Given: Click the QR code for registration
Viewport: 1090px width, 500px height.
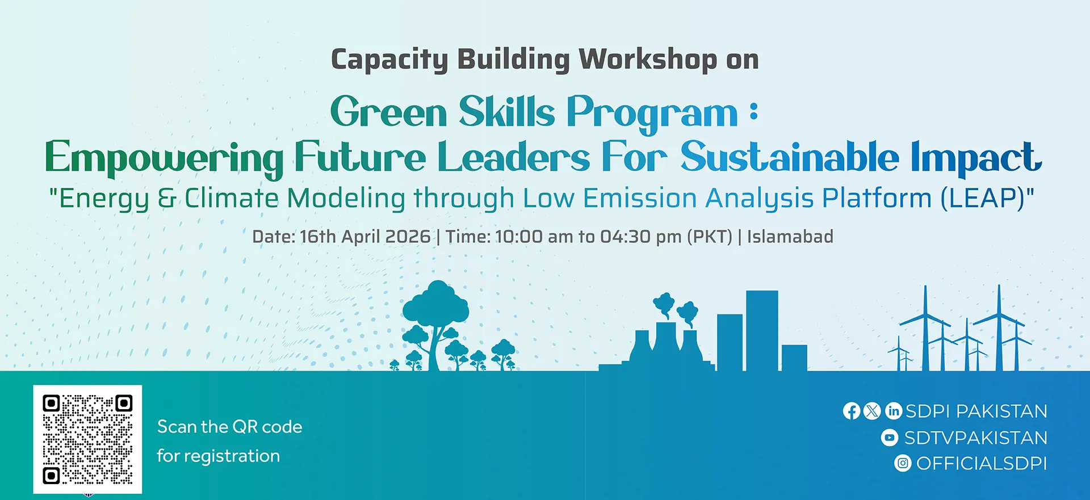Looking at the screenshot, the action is coord(87,439).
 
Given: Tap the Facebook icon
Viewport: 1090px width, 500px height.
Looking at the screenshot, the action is coord(852,411).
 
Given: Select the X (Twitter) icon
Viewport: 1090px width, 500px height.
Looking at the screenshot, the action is coord(873,411).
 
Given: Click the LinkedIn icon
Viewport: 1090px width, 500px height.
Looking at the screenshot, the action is coord(894,411).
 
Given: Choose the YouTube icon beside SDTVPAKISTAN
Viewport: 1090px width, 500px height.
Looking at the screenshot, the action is coord(890,438).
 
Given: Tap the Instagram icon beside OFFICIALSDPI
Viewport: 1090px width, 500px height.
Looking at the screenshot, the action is coord(903,463).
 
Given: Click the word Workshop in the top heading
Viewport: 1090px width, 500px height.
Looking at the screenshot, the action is coord(648,60).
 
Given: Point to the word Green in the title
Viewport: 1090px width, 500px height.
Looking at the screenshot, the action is coord(389,112).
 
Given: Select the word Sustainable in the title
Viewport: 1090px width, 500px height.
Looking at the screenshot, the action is coord(790,157).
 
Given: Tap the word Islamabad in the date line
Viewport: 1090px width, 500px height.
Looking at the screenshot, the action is coord(790,236).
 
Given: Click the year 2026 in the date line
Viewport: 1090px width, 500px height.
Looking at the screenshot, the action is coord(408,237).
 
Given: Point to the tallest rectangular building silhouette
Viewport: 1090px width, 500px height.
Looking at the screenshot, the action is coord(762,330).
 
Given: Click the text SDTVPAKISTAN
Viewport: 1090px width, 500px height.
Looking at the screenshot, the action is coord(976,438).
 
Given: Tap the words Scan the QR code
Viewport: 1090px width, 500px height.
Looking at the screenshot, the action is coord(229,427).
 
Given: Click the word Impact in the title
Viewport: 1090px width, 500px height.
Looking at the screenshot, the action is coord(976,157).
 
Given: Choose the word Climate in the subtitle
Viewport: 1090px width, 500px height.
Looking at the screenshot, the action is coord(232,198).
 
